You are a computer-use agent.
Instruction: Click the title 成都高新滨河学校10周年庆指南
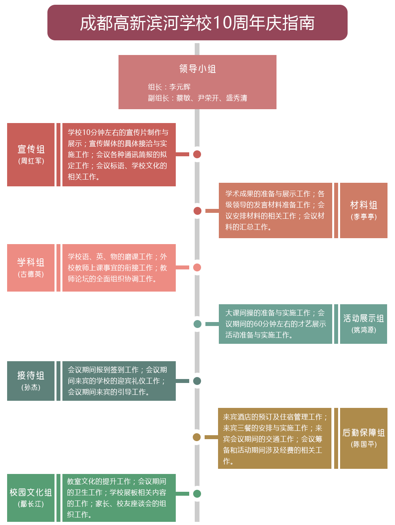click(x=197, y=23)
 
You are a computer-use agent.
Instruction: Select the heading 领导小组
click(x=197, y=69)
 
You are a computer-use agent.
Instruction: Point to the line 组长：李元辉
click(x=169, y=87)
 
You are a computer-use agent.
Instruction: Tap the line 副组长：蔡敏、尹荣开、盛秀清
click(x=197, y=98)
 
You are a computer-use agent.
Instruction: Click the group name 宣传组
click(x=31, y=149)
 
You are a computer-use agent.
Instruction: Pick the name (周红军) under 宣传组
click(x=31, y=161)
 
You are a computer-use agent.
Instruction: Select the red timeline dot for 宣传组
click(x=197, y=154)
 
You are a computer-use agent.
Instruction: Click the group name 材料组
click(x=363, y=205)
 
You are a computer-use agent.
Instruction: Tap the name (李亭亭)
click(x=363, y=217)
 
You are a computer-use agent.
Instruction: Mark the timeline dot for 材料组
click(x=197, y=211)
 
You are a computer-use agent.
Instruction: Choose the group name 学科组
click(x=31, y=262)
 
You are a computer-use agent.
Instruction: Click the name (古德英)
click(x=31, y=274)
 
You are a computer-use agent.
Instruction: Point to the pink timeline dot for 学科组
click(x=197, y=267)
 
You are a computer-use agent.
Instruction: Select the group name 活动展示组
click(x=363, y=318)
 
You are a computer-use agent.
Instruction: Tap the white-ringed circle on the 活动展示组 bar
click(x=197, y=324)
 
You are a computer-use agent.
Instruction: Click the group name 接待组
click(x=31, y=375)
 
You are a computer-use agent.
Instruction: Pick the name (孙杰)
click(x=31, y=387)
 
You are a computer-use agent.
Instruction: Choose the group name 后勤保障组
click(x=363, y=433)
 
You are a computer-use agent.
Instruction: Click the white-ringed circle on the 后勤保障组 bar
click(x=197, y=437)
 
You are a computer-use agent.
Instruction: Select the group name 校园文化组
click(x=31, y=493)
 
